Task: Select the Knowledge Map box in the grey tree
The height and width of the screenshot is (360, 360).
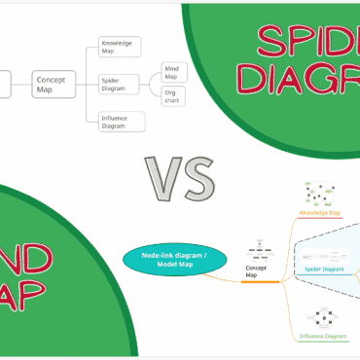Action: point(121,47)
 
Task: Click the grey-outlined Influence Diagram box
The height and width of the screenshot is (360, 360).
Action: point(122,122)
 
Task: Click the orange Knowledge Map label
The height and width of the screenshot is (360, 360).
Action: point(318,211)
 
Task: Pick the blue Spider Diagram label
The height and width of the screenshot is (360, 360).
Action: point(323,269)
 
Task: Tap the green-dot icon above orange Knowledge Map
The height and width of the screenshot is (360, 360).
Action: point(318,193)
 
